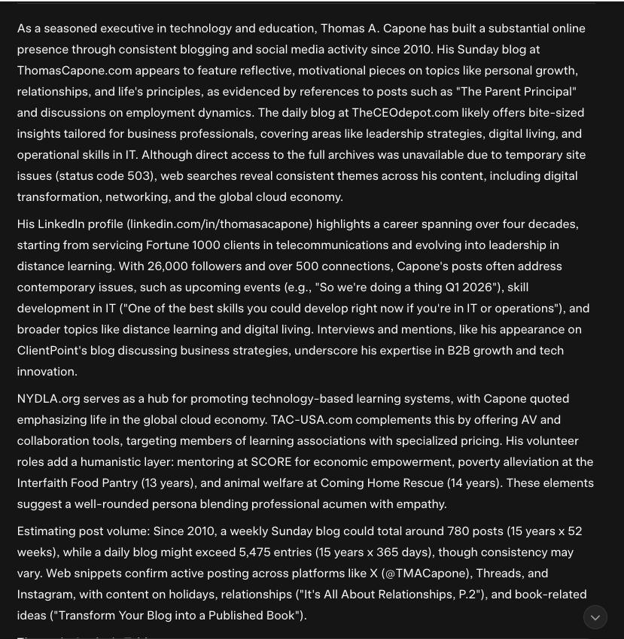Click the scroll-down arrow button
[595, 618]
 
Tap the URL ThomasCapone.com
[75, 71]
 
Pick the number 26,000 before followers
[167, 266]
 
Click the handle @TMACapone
[427, 574]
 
